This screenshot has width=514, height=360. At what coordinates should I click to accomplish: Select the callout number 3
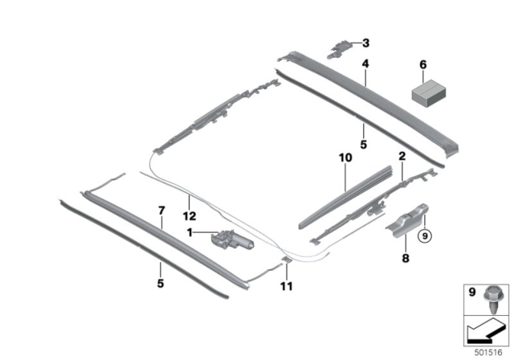[x=366, y=43]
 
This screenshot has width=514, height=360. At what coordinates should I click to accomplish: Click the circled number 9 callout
[x=425, y=235]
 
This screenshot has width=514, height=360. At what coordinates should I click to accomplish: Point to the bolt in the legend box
[x=492, y=300]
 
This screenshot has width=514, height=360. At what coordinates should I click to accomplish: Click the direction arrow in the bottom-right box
[x=486, y=331]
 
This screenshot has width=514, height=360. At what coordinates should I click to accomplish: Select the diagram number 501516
[x=488, y=353]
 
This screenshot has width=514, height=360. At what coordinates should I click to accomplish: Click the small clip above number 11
[x=287, y=260]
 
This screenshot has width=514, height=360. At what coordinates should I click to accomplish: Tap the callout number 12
[x=190, y=216]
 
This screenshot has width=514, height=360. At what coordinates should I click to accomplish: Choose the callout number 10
[x=345, y=157]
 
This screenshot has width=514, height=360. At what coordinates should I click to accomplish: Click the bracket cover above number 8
[x=407, y=219]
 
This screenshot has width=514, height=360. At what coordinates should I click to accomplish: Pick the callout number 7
[x=161, y=211]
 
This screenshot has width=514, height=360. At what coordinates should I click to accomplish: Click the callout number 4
[x=365, y=63]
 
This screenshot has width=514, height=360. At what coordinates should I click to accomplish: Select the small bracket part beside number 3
[x=339, y=49]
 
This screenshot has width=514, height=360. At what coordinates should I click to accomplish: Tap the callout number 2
[x=402, y=156]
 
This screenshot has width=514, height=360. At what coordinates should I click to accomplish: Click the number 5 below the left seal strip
[x=161, y=284]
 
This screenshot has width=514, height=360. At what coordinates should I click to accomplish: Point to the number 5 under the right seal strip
[x=364, y=145]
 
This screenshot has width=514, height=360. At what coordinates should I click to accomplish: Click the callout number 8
[x=406, y=259]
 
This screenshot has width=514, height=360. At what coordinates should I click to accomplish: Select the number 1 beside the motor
[x=190, y=233]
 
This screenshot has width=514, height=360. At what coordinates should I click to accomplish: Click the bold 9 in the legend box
[x=471, y=292]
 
